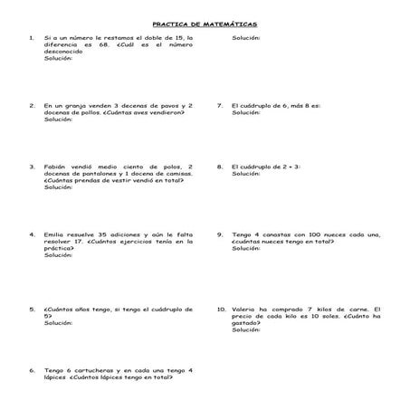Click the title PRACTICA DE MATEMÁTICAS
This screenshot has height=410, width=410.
coord(205,24)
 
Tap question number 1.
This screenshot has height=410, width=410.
coord(32,38)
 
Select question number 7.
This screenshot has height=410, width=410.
coord(220,105)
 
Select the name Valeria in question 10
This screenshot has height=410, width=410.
coord(245,309)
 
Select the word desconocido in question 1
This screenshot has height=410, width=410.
coord(63,52)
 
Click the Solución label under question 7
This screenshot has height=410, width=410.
coord(245,112)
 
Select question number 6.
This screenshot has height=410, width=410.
coord(32,370)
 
